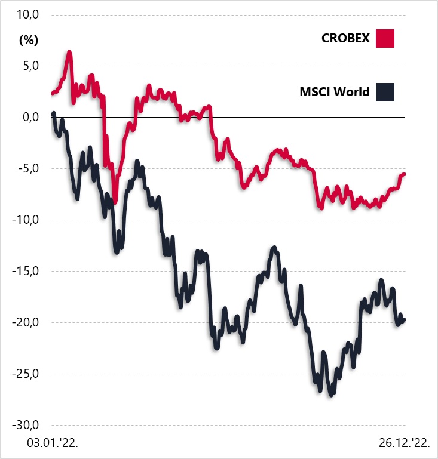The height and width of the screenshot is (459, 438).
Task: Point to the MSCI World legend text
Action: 335,92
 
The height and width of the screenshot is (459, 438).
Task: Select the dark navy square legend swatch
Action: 385,92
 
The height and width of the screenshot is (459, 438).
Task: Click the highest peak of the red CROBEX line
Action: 69,53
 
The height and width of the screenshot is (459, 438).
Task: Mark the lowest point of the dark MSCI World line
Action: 330,395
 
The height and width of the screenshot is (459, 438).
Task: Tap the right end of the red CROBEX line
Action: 404,174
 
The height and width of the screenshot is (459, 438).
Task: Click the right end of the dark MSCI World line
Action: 404,321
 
